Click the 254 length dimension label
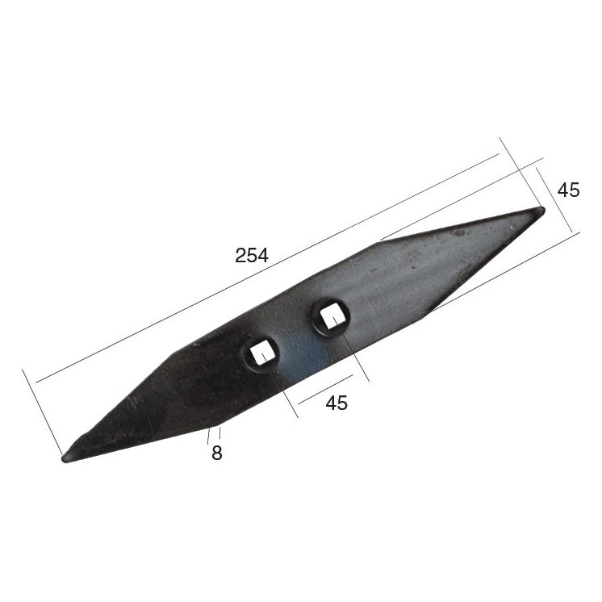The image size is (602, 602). (x=252, y=256)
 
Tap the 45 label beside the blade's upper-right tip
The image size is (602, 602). (x=568, y=190)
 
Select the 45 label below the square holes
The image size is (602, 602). (x=337, y=403)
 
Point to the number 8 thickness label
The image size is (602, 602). (x=216, y=453)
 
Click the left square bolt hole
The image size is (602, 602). (x=261, y=353)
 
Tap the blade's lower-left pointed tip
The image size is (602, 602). (x=66, y=458)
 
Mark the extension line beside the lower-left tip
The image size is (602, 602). (x=42, y=412)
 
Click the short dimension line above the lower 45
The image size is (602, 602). (x=325, y=388)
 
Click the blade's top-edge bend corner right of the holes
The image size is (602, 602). (x=378, y=240)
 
